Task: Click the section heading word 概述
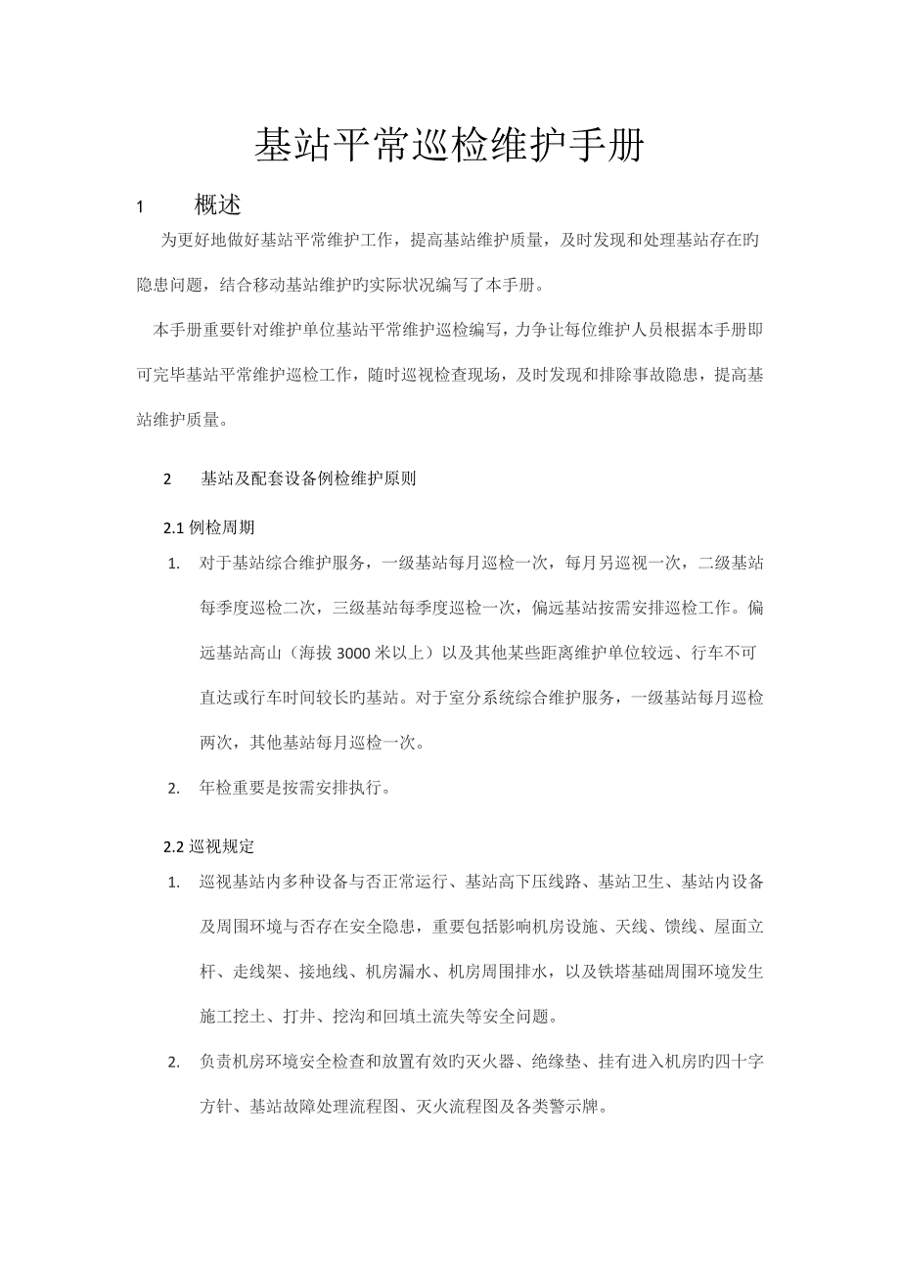point(218,205)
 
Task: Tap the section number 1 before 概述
point(140,207)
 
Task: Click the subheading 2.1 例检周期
point(208,527)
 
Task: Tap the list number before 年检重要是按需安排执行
point(173,789)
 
